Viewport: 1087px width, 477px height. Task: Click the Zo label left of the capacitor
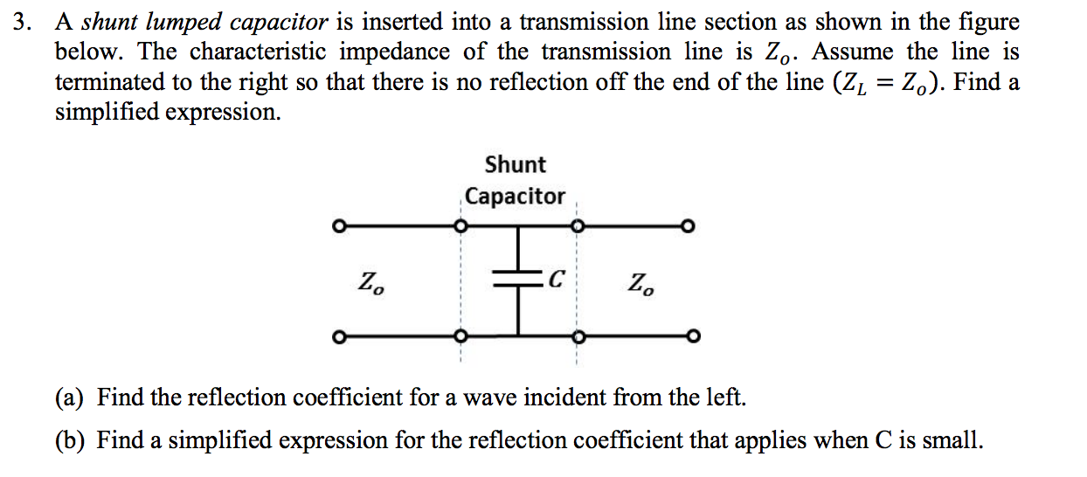click(x=370, y=283)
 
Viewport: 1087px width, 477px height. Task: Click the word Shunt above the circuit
click(x=515, y=164)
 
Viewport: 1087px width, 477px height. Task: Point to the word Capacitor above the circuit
click(x=515, y=197)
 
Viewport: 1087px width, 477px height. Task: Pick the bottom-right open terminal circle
click(x=691, y=335)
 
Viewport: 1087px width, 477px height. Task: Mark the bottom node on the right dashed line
click(x=576, y=335)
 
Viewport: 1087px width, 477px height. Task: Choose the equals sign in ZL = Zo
click(x=885, y=83)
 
